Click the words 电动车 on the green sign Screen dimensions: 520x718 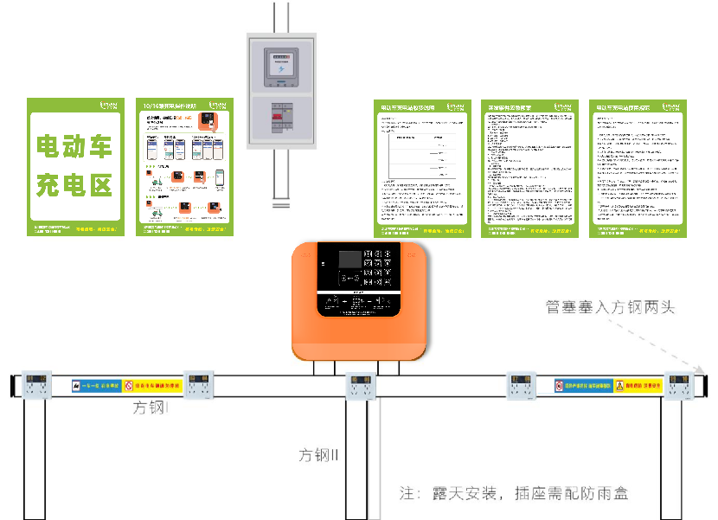pyautogui.click(x=74, y=148)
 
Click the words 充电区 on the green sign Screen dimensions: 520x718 pyautogui.click(x=74, y=185)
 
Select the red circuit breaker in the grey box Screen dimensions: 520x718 pyautogui.click(x=281, y=116)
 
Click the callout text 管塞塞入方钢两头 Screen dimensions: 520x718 pyautogui.click(x=610, y=306)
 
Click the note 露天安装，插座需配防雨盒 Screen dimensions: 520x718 pyautogui.click(x=514, y=494)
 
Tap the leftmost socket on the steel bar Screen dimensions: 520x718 pyautogui.click(x=35, y=386)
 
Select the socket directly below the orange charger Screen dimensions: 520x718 pyautogui.click(x=359, y=386)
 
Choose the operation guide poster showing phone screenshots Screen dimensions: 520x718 pyautogui.click(x=187, y=167)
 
